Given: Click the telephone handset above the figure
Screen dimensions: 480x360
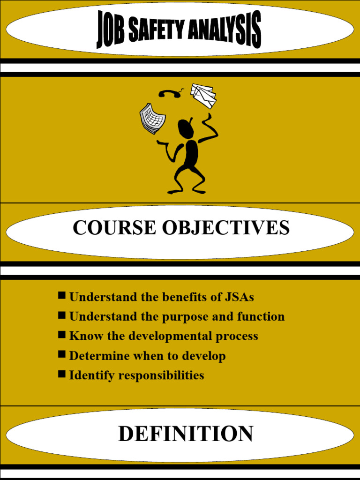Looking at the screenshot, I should pyautogui.click(x=171, y=93).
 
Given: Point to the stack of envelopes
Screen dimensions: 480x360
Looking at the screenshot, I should pyautogui.click(x=203, y=95).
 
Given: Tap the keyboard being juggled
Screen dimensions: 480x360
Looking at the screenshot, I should pyautogui.click(x=152, y=118).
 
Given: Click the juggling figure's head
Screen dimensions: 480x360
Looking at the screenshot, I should pyautogui.click(x=186, y=128).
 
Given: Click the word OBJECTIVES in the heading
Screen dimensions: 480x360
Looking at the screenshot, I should pyautogui.click(x=225, y=228).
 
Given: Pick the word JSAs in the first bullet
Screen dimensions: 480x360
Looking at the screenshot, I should pyautogui.click(x=240, y=297).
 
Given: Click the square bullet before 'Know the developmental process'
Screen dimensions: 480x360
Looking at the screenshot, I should pyautogui.click(x=62, y=335).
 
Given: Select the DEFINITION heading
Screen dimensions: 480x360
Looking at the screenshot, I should pyautogui.click(x=186, y=434).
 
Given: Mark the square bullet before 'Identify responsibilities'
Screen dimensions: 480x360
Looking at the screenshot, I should pyautogui.click(x=62, y=374).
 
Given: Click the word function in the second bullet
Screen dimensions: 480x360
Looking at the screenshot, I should pyautogui.click(x=261, y=317).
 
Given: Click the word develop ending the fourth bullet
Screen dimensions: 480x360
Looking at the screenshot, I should pyautogui.click(x=203, y=356).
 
